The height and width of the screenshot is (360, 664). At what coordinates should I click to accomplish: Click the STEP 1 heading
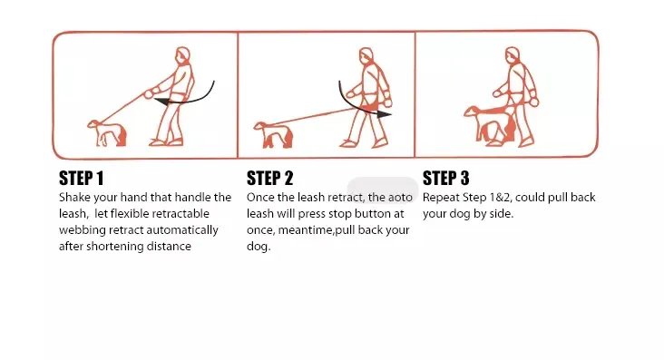click(82, 179)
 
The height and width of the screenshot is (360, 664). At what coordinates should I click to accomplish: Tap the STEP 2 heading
click(269, 179)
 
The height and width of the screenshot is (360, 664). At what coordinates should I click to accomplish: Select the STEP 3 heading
click(446, 179)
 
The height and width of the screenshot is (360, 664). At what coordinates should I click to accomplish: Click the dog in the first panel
click(107, 133)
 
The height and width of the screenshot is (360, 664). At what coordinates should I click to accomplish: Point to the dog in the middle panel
click(274, 135)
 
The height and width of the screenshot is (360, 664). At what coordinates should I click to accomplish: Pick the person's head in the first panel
click(183, 55)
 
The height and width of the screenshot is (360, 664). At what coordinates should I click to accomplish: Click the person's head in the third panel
click(512, 55)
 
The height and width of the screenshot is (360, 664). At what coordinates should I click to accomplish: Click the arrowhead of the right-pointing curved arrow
click(384, 113)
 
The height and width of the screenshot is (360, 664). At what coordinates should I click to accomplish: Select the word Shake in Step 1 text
click(74, 198)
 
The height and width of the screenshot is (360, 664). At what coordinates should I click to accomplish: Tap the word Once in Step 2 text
click(260, 198)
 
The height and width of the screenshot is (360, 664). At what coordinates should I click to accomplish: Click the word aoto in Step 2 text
click(400, 198)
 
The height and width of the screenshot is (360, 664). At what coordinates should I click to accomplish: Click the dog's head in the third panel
click(473, 112)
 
